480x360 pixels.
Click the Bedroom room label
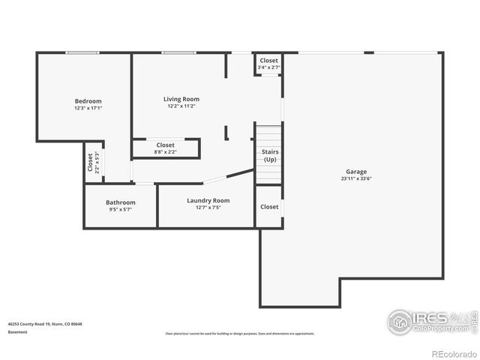point(88,101)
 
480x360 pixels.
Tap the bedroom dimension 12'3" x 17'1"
point(88,108)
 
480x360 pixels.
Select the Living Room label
point(181,99)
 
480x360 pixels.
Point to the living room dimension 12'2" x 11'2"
point(181,106)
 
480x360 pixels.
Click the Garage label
point(356,172)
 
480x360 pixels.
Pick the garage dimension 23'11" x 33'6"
point(356,178)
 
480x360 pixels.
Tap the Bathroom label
point(120,202)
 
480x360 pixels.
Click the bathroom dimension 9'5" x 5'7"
point(120,209)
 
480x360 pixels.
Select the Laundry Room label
point(208,200)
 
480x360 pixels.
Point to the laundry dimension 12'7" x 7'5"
point(208,207)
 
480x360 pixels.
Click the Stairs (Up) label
point(269,156)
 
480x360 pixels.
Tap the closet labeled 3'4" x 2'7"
point(268,67)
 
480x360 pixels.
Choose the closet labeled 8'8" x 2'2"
point(166,151)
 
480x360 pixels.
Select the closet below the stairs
point(268,207)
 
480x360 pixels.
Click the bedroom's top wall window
point(81,52)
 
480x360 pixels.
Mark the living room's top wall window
point(179,52)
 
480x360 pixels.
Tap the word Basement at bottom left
point(17,332)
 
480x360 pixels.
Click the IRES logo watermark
point(427,321)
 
